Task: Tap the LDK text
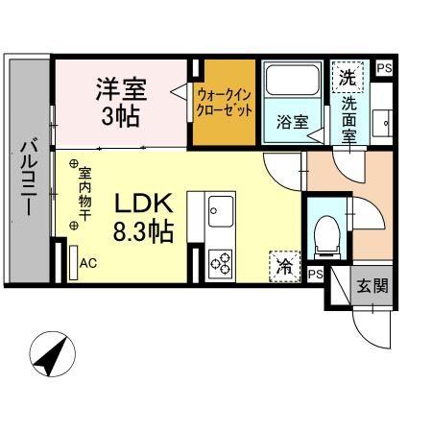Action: (143, 204)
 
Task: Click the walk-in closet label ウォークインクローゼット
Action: (226, 103)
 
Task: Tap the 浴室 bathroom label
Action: (291, 122)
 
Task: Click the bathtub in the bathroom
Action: (292, 84)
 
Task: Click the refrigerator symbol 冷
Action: (284, 265)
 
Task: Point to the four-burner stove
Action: (221, 262)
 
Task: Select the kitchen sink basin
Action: (221, 207)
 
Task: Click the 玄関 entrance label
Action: (372, 286)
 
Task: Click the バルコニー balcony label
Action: (29, 179)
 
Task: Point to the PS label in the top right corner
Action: (384, 68)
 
